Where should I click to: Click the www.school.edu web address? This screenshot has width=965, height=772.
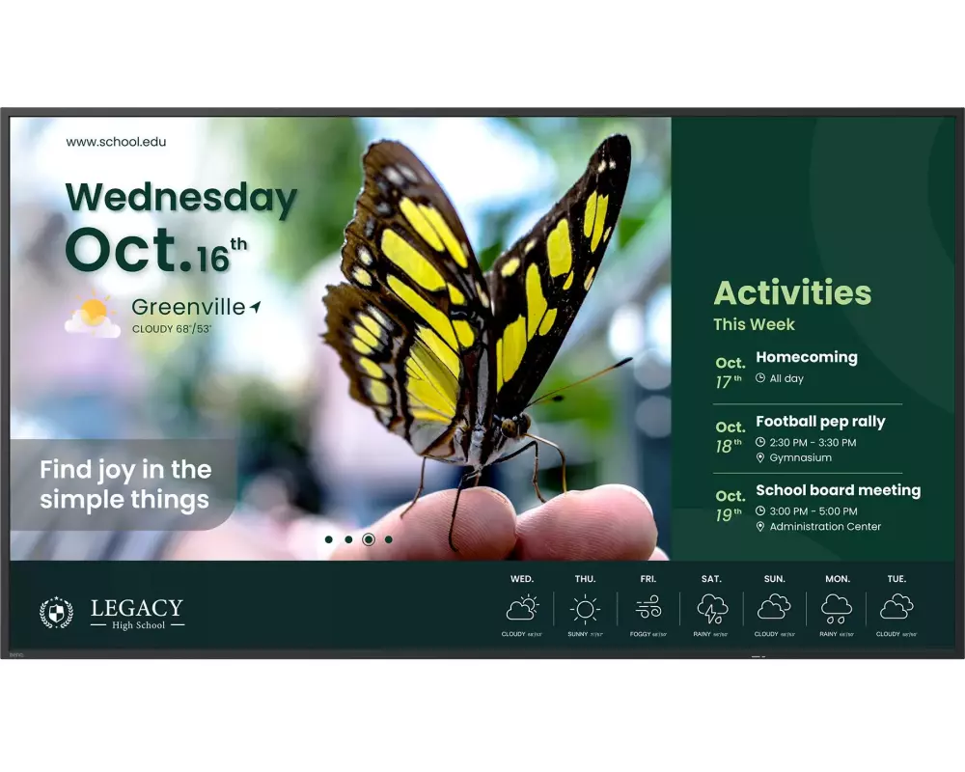coord(116,142)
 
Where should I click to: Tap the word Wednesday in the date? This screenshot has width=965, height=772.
coord(180,198)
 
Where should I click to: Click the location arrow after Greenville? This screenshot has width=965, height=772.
coord(255,307)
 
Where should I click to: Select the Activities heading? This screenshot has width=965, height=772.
coord(792,292)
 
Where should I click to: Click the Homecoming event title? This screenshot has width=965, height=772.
coord(806,357)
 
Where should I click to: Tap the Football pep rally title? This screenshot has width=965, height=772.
coord(819,422)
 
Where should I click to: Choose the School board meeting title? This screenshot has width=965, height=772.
coord(838,490)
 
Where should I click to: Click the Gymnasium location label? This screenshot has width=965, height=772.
coord(800,457)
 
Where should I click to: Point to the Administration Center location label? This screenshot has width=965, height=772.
coord(825,527)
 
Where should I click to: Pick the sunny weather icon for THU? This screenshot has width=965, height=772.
coord(585,608)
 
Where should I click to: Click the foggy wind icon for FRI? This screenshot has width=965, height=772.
coord(648,608)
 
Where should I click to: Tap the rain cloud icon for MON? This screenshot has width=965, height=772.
coord(837,608)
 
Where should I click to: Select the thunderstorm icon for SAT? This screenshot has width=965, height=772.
coord(712,608)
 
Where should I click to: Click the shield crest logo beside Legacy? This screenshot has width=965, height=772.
coord(56,613)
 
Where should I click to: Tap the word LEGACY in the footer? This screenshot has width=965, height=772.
coord(136,608)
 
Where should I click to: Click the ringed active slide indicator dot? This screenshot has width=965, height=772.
coord(369,539)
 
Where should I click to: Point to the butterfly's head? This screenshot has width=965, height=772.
coord(513,427)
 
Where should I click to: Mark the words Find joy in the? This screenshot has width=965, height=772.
coord(125,470)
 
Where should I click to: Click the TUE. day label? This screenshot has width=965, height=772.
coord(896,579)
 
